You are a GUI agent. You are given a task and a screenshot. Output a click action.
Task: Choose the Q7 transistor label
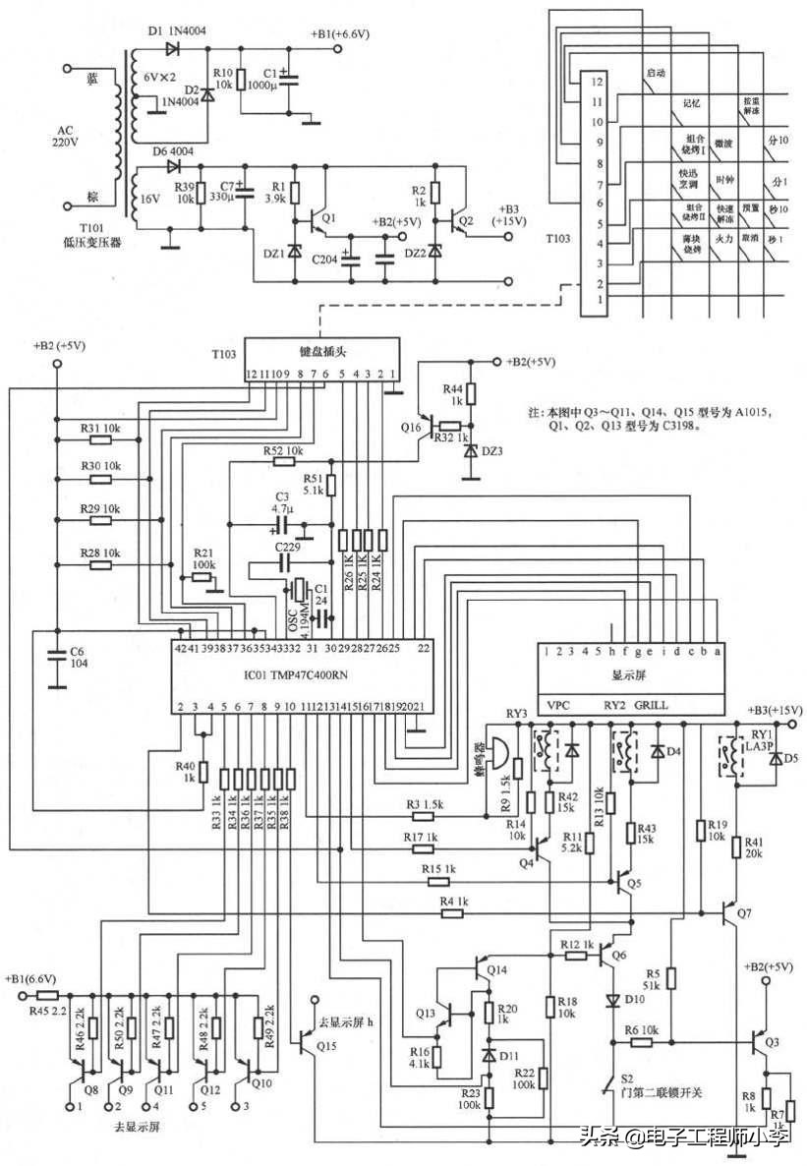(x=744, y=913)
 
